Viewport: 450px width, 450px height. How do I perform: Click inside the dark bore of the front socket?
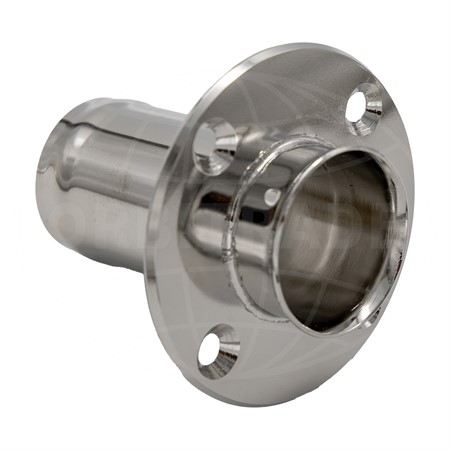(335, 240)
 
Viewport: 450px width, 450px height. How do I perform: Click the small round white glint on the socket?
(271, 196)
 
